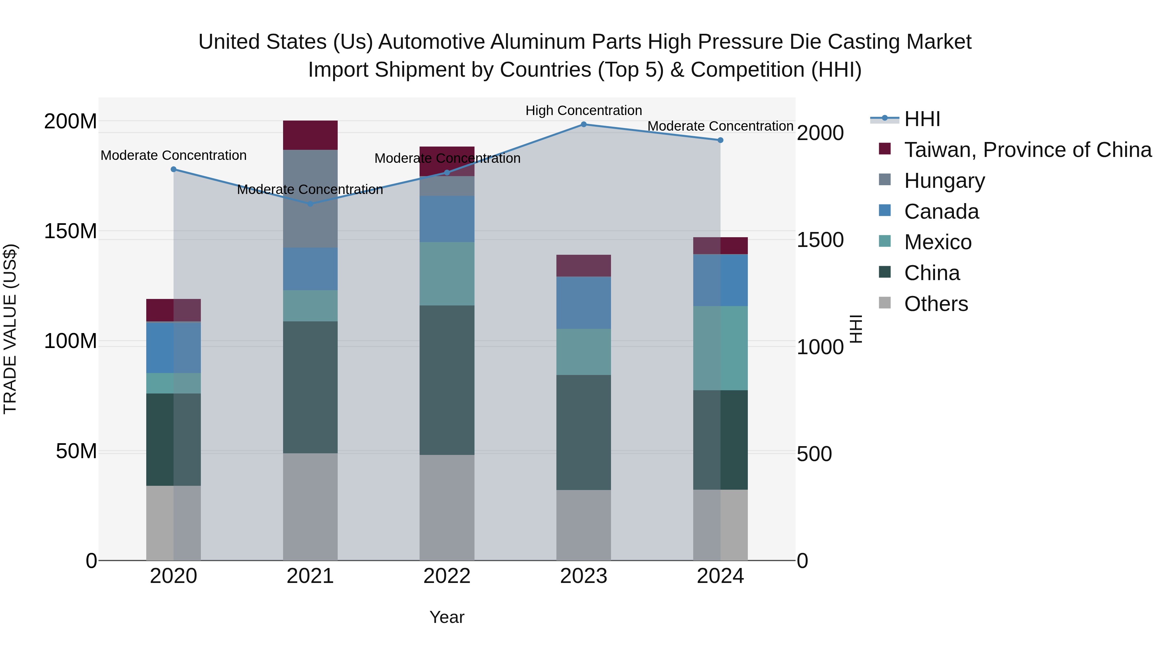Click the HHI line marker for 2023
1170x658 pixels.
(584, 124)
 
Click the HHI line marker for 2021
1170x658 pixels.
(310, 204)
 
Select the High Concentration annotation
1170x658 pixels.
(584, 110)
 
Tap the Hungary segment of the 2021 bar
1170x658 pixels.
(310, 199)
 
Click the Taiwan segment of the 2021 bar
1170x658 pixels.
(310, 135)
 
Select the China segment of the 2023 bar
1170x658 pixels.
(584, 432)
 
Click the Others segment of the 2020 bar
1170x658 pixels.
(174, 523)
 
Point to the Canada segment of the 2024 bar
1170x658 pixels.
(720, 280)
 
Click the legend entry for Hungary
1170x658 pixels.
(944, 181)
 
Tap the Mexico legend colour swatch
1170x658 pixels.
(885, 241)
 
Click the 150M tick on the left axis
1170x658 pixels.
(71, 231)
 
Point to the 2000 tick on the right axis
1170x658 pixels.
(820, 133)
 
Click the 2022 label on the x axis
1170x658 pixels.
(447, 576)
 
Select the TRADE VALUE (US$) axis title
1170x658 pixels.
(10, 329)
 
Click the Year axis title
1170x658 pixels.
(447, 617)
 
